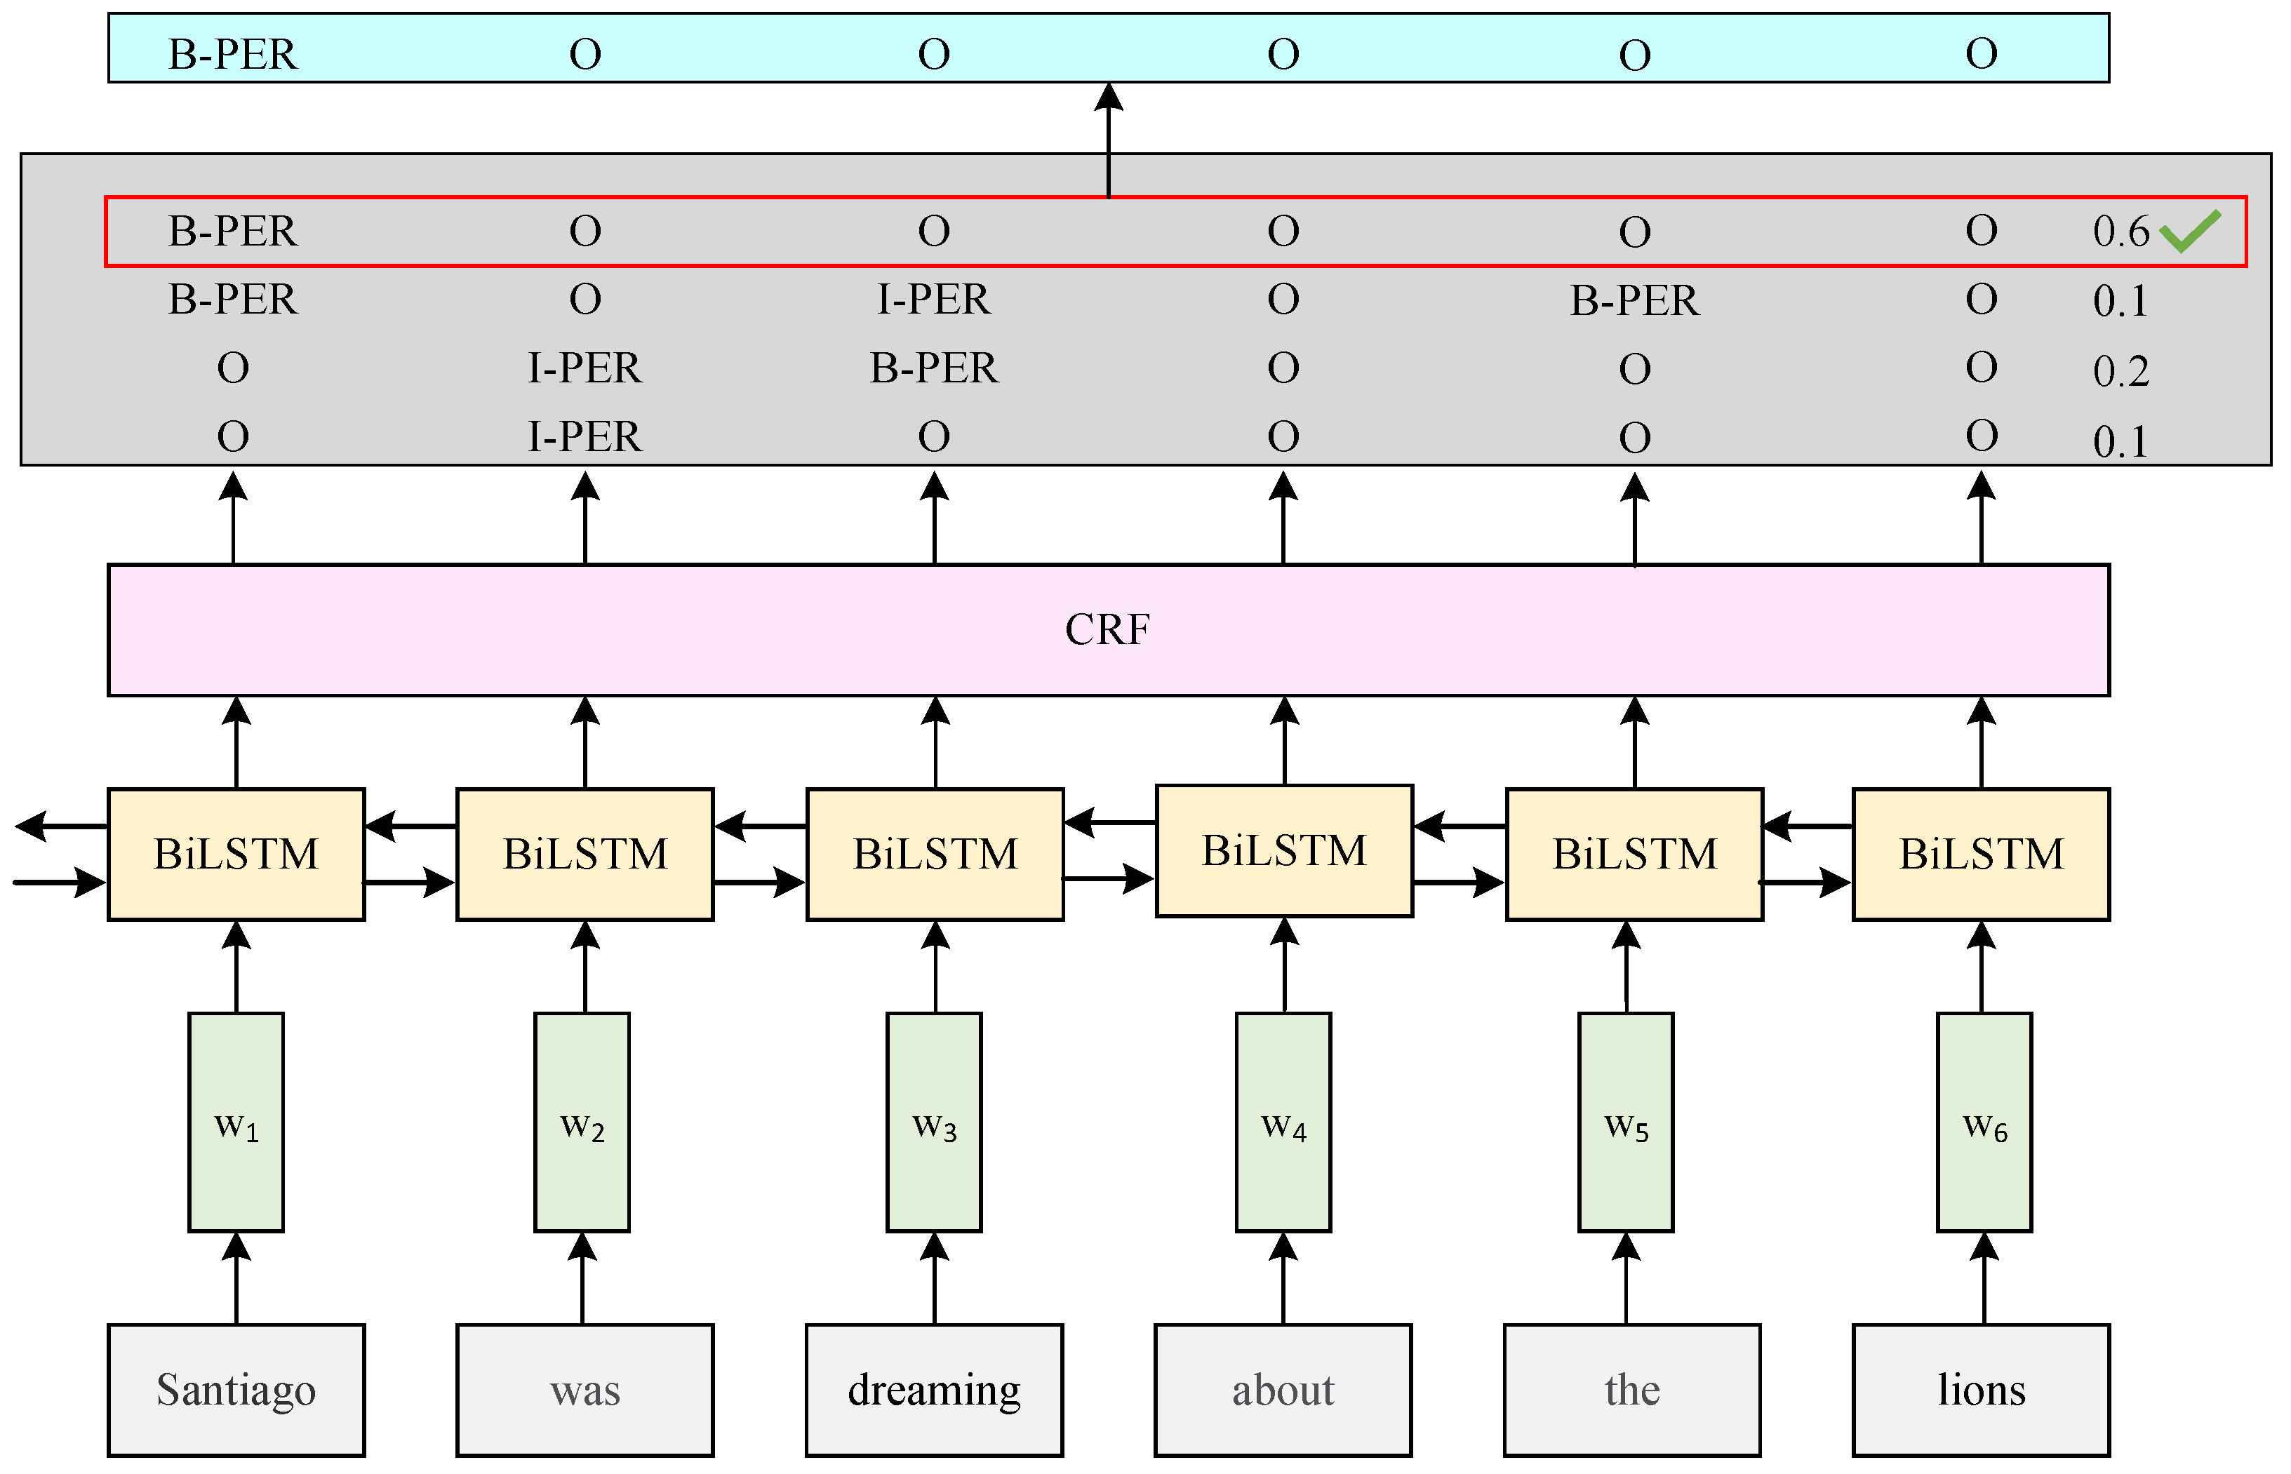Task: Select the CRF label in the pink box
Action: click(1108, 630)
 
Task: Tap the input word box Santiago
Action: click(236, 1390)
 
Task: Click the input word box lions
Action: click(1981, 1390)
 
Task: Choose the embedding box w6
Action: click(1984, 1122)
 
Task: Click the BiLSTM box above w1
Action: click(236, 854)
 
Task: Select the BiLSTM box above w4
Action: click(1284, 851)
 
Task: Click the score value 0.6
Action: click(2120, 231)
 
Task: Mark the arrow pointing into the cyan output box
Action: click(1109, 134)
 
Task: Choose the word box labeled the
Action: click(1631, 1390)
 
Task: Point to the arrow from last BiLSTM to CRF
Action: click(1981, 742)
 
